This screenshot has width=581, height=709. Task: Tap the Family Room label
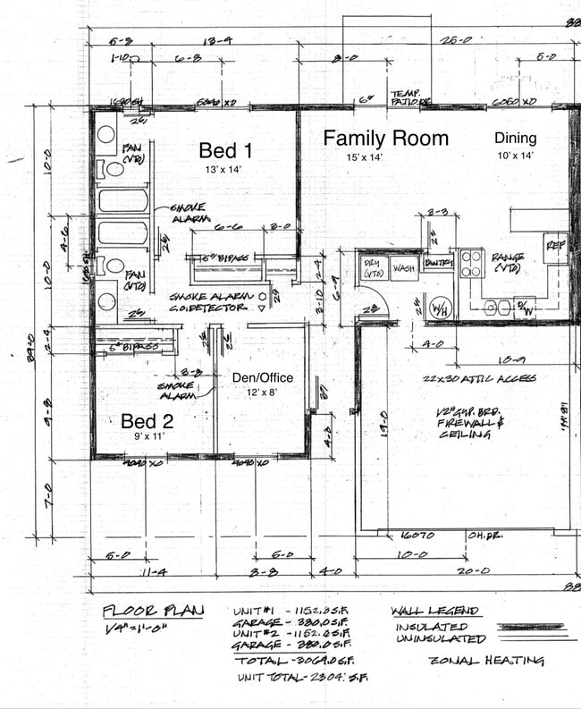pyautogui.click(x=385, y=139)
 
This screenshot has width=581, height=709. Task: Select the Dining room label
pyautogui.click(x=516, y=138)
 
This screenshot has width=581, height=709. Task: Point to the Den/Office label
pyautogui.click(x=263, y=377)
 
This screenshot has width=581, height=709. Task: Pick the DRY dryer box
pyautogui.click(x=372, y=267)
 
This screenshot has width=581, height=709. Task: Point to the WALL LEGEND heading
pyautogui.click(x=434, y=612)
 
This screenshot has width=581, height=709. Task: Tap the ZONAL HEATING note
pyautogui.click(x=486, y=661)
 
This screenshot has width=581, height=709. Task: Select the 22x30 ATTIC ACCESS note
pyautogui.click(x=479, y=378)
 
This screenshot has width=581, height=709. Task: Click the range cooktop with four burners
pyautogui.click(x=472, y=263)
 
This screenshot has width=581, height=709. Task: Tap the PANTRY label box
pyautogui.click(x=438, y=264)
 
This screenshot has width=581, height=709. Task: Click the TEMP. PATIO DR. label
pyautogui.click(x=409, y=97)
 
